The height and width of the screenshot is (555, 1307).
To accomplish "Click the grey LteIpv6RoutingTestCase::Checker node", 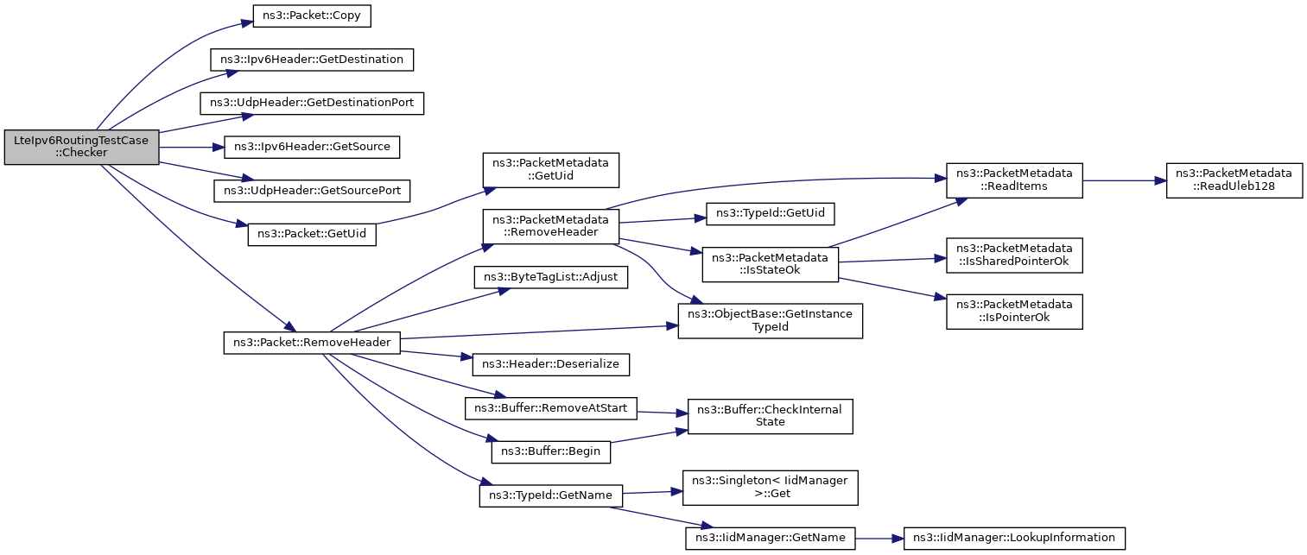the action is click(x=82, y=147).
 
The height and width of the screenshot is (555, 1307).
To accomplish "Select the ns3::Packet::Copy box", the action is click(x=312, y=16).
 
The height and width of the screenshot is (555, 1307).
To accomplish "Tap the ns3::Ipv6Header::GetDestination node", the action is click(x=312, y=60).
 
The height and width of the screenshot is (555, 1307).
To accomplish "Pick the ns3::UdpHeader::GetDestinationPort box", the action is click(x=312, y=104).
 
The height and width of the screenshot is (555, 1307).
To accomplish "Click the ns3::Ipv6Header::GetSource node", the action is click(x=312, y=147).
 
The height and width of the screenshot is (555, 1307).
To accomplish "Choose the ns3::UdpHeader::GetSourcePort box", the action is click(x=312, y=191).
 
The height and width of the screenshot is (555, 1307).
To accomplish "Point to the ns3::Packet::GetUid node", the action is click(x=312, y=234).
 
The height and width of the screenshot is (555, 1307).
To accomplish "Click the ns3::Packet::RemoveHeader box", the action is click(x=312, y=343).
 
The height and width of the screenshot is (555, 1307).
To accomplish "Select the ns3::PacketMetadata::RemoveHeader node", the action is click(x=551, y=226).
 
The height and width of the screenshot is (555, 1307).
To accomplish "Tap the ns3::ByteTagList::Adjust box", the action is click(x=551, y=277).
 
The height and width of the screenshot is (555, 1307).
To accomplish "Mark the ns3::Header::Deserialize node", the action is click(x=551, y=364).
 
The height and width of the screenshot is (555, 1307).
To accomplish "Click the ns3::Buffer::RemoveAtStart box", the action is click(x=551, y=408).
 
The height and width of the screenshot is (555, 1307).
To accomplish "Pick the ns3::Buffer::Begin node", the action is click(x=551, y=451).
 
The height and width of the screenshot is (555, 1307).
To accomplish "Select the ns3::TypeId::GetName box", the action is click(x=551, y=495).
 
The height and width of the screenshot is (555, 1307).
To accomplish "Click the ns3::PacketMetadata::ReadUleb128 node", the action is click(x=1234, y=180).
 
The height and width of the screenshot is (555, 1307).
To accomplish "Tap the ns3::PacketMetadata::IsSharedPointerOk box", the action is click(x=1014, y=255).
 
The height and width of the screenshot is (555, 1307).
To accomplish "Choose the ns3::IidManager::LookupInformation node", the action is click(x=1014, y=538).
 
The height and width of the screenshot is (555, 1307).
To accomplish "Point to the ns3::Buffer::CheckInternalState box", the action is click(x=771, y=416).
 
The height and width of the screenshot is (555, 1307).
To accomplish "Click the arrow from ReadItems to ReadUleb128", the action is click(x=1125, y=180).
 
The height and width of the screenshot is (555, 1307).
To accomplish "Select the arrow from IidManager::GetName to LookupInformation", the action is click(x=879, y=539).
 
